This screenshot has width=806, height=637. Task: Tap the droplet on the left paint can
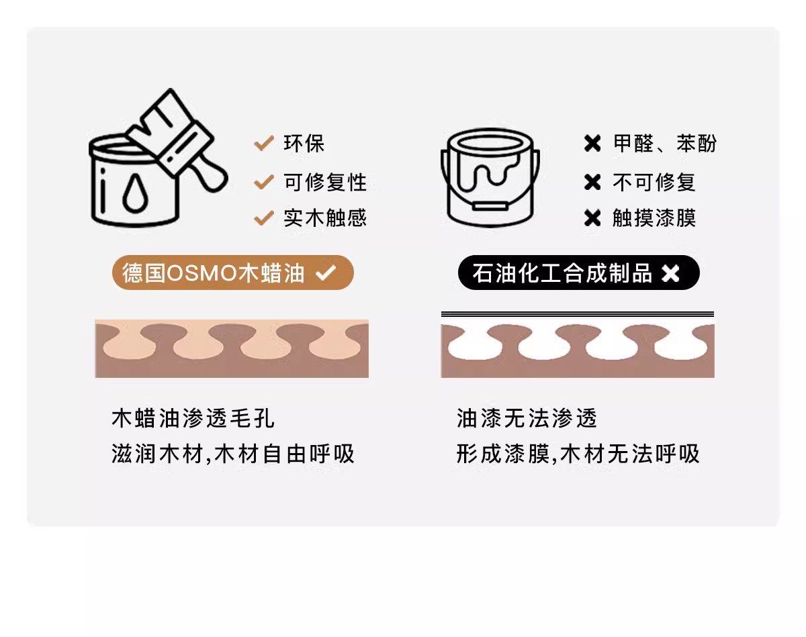(135, 193)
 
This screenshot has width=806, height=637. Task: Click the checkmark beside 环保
(264, 143)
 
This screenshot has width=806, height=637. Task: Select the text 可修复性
(324, 183)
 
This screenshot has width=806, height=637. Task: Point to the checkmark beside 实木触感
(264, 218)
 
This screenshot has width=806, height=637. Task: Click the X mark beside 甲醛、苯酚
(592, 144)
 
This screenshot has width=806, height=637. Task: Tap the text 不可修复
(654, 183)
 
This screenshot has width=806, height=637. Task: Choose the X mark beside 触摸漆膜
(592, 218)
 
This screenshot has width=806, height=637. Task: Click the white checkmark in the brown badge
(326, 273)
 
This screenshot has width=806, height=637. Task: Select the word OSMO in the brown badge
(201, 273)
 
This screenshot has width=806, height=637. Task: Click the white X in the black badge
(670, 273)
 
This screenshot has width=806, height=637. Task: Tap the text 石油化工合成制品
(562, 273)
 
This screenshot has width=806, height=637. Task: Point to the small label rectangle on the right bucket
(490, 206)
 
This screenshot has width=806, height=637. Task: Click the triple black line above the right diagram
(578, 314)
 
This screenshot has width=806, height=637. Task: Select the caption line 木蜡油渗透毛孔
(193, 418)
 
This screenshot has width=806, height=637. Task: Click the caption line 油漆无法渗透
(526, 418)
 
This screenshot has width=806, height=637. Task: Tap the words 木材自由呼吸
(284, 454)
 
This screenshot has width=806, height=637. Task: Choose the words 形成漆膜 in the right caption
(503, 454)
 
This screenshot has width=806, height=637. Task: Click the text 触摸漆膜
(654, 218)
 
